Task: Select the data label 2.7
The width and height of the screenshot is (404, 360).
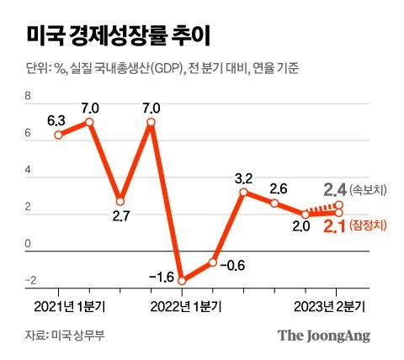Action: coord(120,216)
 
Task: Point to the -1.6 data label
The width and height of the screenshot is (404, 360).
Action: coord(160,277)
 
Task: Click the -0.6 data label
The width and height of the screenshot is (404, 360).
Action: coord(235,265)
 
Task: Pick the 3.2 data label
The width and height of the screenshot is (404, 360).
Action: coord(243,177)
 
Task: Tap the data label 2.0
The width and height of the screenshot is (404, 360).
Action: coord(301,225)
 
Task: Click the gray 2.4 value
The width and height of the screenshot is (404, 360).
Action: coord(335,189)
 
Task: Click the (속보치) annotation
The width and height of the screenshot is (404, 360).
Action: coord(369,190)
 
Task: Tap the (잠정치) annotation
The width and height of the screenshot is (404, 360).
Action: coord(369,226)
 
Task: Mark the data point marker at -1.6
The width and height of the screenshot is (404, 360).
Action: coord(182,280)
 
